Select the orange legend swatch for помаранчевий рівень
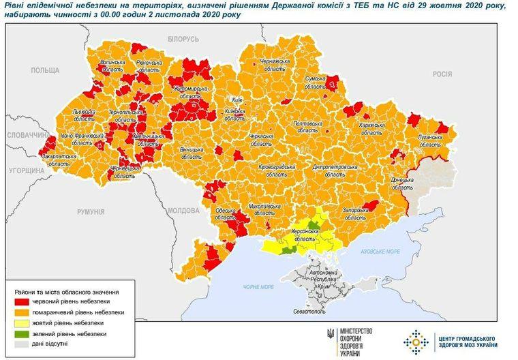tap(22, 312)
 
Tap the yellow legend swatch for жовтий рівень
tap(22, 323)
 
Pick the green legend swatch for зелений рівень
tap(22, 334)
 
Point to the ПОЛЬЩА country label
tap(46, 70)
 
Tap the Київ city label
tap(238, 100)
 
